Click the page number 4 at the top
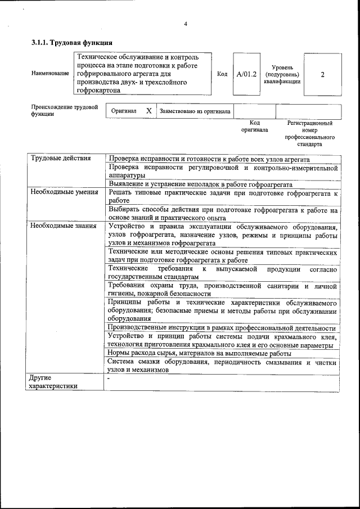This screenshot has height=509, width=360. pyautogui.click(x=185, y=24)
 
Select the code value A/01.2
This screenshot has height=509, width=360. pyautogui.click(x=246, y=74)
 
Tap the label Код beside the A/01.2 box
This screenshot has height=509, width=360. pyautogui.click(x=222, y=74)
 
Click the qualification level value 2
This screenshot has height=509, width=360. pyautogui.click(x=322, y=74)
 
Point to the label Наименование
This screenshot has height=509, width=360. pyautogui.click(x=47, y=74)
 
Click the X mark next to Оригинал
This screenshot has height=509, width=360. pyautogui.click(x=148, y=111)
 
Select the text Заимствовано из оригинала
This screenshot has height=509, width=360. pyautogui.click(x=195, y=111)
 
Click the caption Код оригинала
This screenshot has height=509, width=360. pyautogui.click(x=254, y=126)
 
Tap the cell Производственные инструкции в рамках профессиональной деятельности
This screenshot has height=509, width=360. pyautogui.click(x=222, y=328)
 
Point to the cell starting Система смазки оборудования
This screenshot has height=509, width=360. pyautogui.click(x=223, y=366)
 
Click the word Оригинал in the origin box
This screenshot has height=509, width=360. pyautogui.click(x=124, y=111)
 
